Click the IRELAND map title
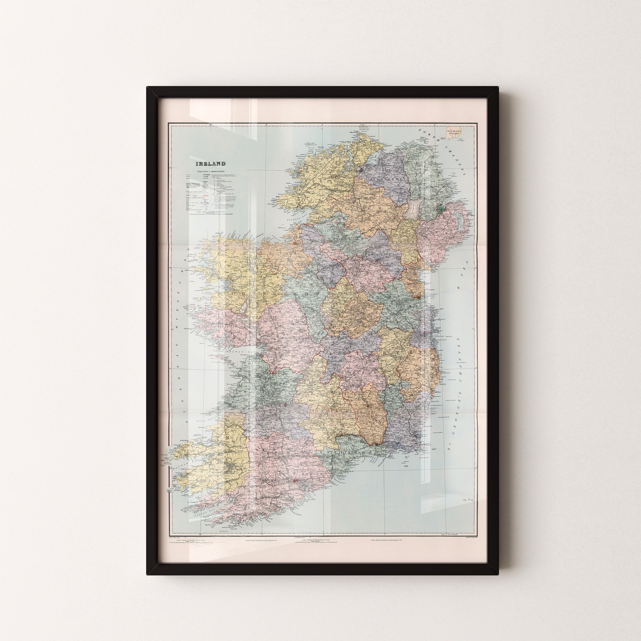pos(210,164)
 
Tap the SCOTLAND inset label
pos(454,131)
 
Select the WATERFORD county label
pos(347,452)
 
